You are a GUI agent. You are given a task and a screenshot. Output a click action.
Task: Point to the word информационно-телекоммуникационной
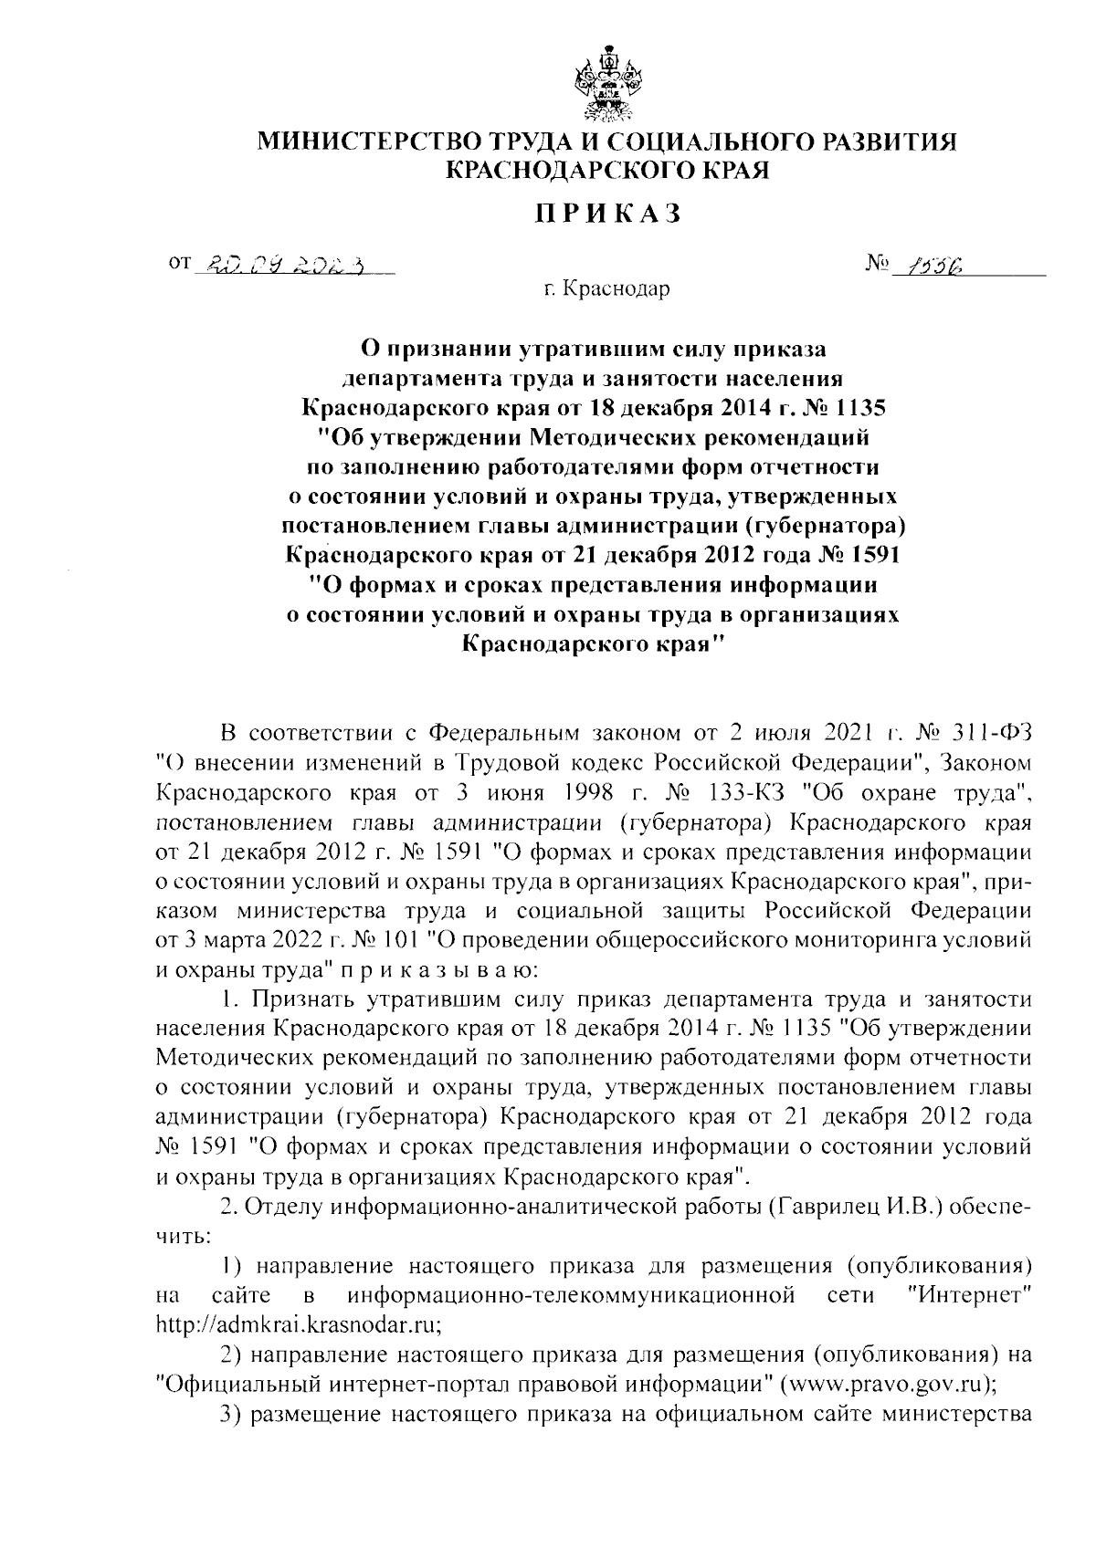tap(570, 1295)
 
